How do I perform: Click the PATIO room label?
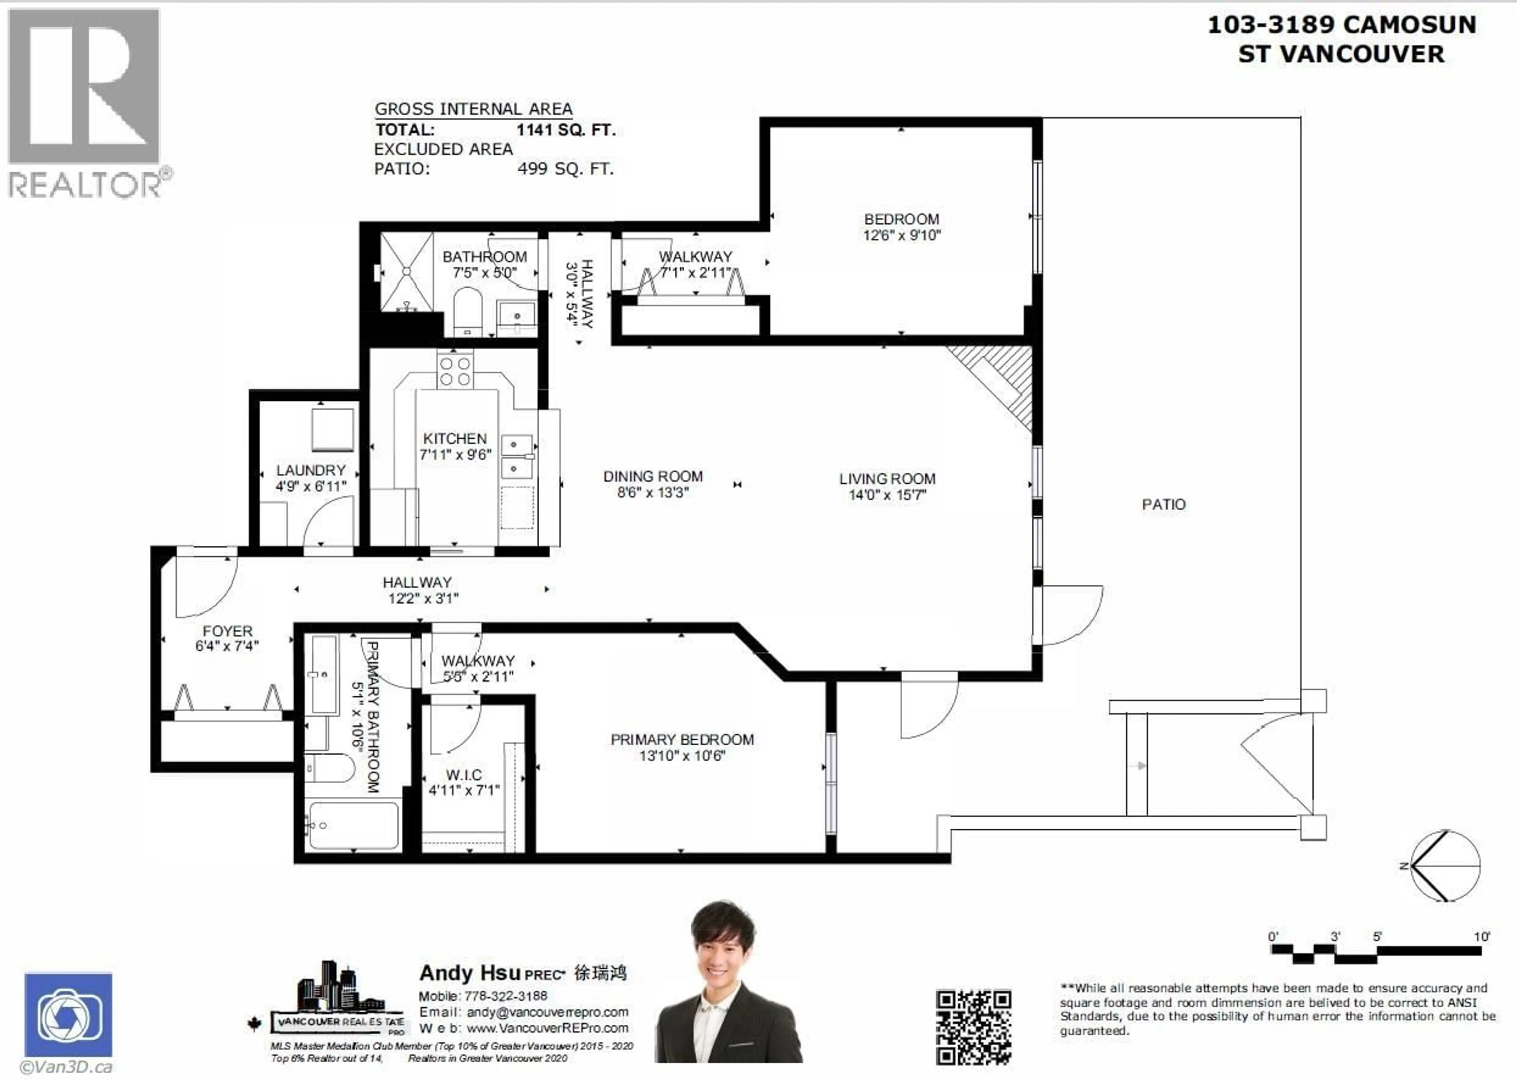click(1163, 504)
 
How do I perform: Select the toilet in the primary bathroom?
click(330, 769)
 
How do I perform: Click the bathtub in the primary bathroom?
click(354, 825)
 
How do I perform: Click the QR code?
click(973, 1027)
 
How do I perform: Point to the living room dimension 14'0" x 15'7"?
click(887, 495)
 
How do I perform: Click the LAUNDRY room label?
click(311, 470)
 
